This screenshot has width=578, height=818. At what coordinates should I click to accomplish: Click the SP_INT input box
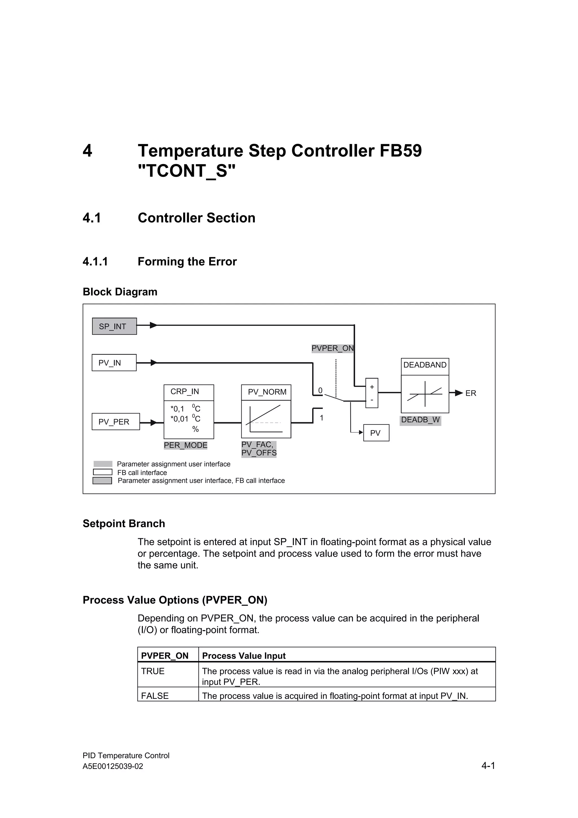(114, 326)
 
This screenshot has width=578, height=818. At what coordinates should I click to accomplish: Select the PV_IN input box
(114, 363)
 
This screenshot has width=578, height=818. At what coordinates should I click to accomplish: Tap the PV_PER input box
(115, 421)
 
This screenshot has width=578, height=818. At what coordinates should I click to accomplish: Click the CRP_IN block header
(189, 392)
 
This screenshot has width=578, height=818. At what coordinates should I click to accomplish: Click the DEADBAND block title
(424, 365)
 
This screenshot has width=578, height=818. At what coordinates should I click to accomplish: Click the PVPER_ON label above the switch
(332, 348)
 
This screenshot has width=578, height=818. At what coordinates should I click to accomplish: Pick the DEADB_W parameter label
(420, 420)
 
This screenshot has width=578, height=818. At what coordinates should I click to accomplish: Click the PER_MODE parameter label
(185, 445)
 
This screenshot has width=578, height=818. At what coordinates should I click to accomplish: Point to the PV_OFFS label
(259, 453)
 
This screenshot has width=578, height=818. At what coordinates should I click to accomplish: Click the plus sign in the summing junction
(372, 387)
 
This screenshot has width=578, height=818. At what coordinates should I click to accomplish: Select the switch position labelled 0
(320, 390)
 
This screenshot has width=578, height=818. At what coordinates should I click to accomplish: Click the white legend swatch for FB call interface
(102, 472)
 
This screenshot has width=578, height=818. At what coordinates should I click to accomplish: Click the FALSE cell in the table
(155, 696)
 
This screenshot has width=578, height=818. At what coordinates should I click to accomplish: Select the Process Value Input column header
(244, 656)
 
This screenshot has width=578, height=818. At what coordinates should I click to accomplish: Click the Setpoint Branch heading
(124, 523)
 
